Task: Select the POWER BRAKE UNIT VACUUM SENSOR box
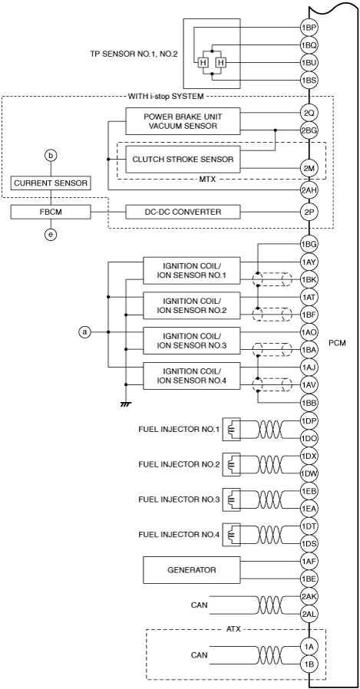click(x=183, y=121)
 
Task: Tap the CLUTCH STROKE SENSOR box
click(x=183, y=159)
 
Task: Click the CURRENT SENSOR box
click(x=51, y=183)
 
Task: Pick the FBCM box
click(x=51, y=213)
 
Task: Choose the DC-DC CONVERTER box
click(x=183, y=213)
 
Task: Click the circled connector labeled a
click(x=84, y=331)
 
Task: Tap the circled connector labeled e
click(x=51, y=235)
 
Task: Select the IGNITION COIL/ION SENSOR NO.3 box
click(x=192, y=341)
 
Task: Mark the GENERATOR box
click(x=192, y=570)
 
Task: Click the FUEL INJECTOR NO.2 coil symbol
click(x=232, y=464)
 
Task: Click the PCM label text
click(x=337, y=343)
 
